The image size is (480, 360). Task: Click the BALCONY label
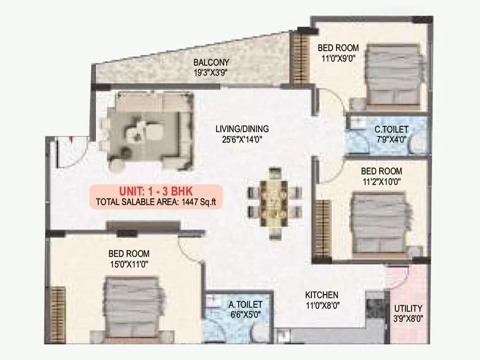(x=211, y=62)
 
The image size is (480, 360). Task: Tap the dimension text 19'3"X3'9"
(x=211, y=73)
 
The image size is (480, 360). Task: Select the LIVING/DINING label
(x=242, y=128)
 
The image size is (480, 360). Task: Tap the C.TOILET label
(x=391, y=129)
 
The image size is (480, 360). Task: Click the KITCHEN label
(x=322, y=295)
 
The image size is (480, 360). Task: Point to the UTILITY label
(x=409, y=308)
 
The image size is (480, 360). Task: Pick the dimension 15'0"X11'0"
(x=128, y=263)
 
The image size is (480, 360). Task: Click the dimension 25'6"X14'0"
(x=242, y=139)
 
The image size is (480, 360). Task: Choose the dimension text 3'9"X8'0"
(x=409, y=319)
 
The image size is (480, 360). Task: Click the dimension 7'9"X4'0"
(x=391, y=139)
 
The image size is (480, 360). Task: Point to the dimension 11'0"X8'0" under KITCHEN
(x=322, y=305)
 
